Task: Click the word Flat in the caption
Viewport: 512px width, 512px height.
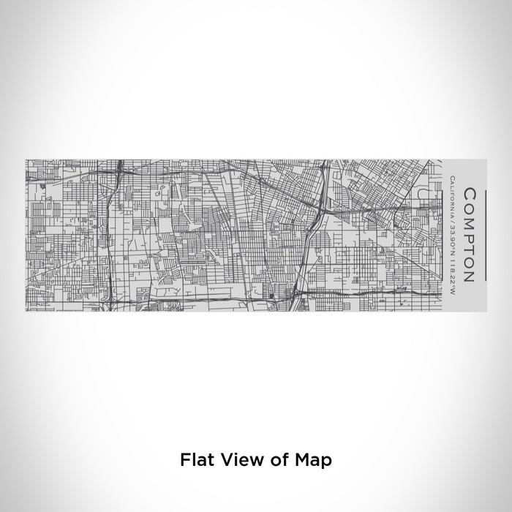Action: [196, 460]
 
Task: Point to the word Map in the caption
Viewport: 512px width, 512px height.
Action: [314, 460]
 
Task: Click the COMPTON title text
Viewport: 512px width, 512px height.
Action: [470, 235]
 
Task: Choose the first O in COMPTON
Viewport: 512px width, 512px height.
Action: [470, 206]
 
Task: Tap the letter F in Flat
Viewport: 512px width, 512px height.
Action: [184, 460]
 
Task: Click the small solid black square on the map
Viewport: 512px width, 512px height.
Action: [271, 295]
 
